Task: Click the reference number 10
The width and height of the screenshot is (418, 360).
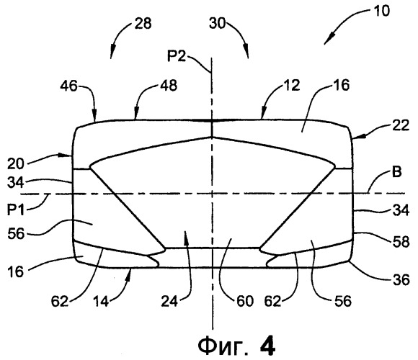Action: click(x=382, y=12)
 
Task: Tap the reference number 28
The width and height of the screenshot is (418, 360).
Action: click(x=143, y=23)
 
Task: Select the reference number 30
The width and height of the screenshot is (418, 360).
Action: click(x=217, y=23)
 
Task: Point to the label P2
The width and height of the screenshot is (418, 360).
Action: click(x=177, y=56)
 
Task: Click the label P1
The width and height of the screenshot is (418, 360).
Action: click(x=16, y=210)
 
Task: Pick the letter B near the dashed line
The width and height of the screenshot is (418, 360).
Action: click(x=396, y=172)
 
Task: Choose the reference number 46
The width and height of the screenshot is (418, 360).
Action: click(x=68, y=86)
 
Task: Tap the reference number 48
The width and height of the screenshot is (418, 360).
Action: click(x=169, y=86)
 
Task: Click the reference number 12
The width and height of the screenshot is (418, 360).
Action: click(x=292, y=85)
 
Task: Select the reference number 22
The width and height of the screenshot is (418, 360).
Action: click(x=401, y=125)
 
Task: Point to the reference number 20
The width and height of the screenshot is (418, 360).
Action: click(x=15, y=163)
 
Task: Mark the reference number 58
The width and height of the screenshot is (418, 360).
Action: click(x=401, y=242)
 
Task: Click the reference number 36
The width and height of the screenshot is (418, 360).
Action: click(x=401, y=280)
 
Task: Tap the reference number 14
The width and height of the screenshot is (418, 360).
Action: click(x=101, y=302)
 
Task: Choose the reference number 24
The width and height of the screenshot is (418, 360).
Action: click(x=169, y=302)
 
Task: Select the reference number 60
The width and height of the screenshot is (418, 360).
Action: click(x=244, y=302)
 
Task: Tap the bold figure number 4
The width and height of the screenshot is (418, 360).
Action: click(x=267, y=346)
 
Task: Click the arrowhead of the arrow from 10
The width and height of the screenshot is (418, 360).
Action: click(x=328, y=40)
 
